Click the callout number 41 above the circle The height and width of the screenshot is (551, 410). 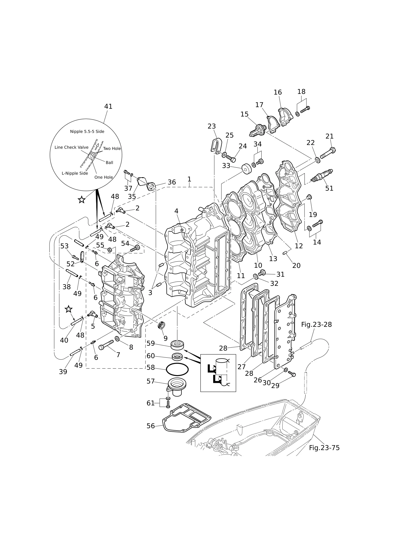point(108,106)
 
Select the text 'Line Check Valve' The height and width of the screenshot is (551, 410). point(72,147)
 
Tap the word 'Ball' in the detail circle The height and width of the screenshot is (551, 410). point(109,162)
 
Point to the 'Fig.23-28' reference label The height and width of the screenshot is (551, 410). point(317,324)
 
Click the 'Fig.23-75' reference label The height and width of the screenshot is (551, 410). point(324,448)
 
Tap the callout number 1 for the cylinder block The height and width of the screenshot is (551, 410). point(189,179)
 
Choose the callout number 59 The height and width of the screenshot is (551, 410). point(151,343)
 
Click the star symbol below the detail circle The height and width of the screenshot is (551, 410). point(81,200)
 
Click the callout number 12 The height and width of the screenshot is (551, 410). point(299,246)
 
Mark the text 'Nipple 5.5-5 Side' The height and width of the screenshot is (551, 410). point(87,132)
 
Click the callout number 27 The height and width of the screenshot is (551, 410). point(242,367)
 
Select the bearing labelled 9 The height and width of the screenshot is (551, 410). point(162,325)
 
